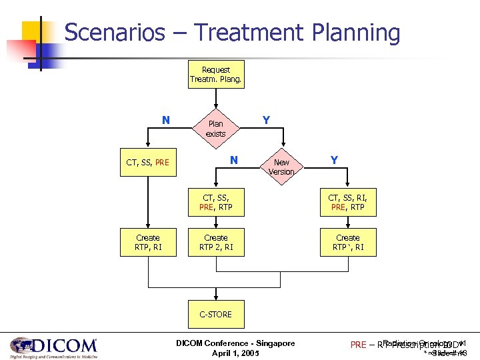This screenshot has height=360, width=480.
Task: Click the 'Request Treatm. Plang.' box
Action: [x=215, y=75]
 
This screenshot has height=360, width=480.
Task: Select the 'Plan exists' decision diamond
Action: [x=215, y=129]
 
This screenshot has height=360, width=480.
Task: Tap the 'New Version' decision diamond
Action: [x=281, y=167]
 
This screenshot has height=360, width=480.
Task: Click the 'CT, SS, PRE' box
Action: [x=148, y=162]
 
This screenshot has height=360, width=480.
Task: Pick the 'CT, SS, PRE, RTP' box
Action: [x=215, y=202]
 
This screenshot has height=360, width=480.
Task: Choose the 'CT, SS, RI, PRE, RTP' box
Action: [x=347, y=202]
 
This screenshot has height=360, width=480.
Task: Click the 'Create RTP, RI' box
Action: [x=148, y=243]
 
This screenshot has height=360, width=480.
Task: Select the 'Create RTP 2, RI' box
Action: [x=215, y=243]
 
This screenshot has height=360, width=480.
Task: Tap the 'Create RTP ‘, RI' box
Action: [x=347, y=243]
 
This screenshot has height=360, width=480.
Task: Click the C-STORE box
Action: [x=215, y=314]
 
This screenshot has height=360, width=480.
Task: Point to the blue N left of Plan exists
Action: [x=166, y=121]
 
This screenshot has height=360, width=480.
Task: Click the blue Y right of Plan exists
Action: [x=266, y=121]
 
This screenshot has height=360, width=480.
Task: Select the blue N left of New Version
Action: [x=233, y=160]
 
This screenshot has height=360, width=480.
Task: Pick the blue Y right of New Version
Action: [x=333, y=160]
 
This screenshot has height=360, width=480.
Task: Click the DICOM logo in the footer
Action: [x=53, y=347]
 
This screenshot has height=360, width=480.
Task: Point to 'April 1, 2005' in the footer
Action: [x=235, y=353]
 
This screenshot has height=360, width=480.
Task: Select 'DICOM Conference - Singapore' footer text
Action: [x=235, y=343]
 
